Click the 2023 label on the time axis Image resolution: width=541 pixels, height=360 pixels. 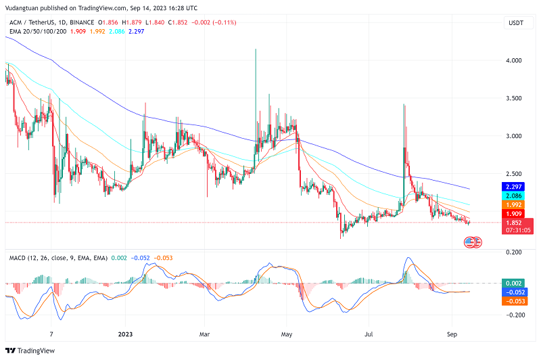click(x=126, y=334)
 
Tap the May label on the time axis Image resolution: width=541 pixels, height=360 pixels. click(x=288, y=334)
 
